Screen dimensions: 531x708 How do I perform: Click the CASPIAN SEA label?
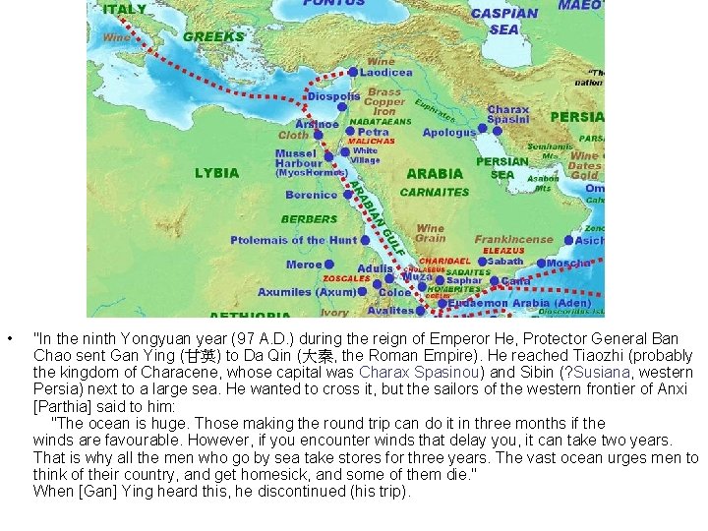click(x=504, y=21)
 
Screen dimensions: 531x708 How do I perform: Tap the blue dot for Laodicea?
click(x=353, y=72)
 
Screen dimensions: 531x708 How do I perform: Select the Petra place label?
click(x=373, y=132)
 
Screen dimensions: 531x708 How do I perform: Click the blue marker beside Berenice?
click(x=345, y=195)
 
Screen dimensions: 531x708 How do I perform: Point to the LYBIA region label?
click(x=216, y=172)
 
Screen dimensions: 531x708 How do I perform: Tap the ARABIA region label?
click(x=434, y=173)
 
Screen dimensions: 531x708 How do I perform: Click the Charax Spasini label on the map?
click(x=508, y=114)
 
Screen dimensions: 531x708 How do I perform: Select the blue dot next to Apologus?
click(x=484, y=132)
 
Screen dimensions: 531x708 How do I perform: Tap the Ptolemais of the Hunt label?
click(x=294, y=240)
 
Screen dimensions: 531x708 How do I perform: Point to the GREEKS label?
click(x=213, y=36)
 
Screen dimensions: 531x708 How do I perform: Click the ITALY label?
click(x=124, y=9)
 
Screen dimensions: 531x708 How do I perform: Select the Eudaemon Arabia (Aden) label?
click(x=520, y=304)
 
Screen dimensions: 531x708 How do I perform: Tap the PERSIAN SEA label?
click(x=501, y=168)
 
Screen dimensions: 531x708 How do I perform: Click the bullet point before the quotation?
click(x=8, y=340)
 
